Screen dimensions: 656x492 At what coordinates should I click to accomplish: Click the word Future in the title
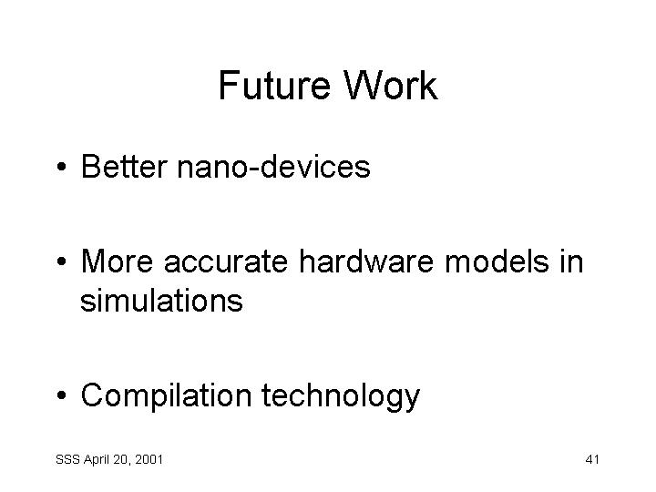[274, 86]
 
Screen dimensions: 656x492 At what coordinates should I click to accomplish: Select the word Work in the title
[390, 86]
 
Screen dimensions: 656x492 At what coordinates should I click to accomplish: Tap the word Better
[124, 167]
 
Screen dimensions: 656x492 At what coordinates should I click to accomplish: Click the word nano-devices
[273, 167]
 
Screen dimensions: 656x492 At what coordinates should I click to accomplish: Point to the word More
[117, 261]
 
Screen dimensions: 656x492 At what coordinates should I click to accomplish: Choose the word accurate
[226, 262]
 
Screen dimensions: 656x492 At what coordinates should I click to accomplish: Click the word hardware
[366, 261]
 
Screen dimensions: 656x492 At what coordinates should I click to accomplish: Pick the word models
[497, 261]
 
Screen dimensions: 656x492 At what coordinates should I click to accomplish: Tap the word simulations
[161, 300]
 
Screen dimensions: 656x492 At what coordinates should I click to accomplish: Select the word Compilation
[166, 395]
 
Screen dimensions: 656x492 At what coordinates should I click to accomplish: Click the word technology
[341, 395]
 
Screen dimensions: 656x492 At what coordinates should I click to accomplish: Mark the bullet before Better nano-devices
[62, 167]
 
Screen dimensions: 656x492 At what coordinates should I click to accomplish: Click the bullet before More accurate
[62, 261]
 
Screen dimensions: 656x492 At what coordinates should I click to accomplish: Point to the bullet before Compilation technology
[62, 395]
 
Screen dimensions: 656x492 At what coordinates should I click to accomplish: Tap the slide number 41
[592, 459]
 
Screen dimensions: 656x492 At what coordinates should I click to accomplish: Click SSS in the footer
[67, 459]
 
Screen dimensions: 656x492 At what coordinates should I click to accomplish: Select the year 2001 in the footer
[149, 459]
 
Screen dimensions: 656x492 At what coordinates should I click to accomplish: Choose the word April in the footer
[97, 460]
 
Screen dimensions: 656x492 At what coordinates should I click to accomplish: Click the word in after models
[572, 261]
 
